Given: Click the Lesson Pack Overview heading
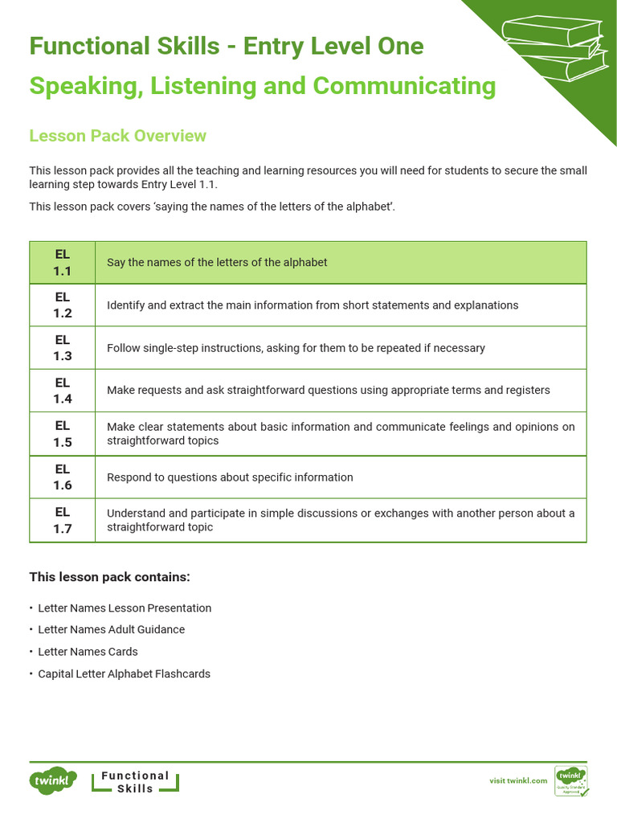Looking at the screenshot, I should coord(117,136).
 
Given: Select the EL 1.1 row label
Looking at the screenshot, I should coord(63,263).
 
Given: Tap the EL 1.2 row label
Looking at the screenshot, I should coord(63,305).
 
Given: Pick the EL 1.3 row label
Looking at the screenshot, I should coord(63,348).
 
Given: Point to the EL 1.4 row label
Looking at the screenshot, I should coord(63,391).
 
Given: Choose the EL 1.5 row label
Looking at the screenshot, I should coord(63,434).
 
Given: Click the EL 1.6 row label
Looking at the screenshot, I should coord(63,477).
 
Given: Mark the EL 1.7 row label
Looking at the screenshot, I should coord(63,520).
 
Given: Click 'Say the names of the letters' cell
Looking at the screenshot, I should coord(217,263).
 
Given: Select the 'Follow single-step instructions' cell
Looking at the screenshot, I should coord(296,348).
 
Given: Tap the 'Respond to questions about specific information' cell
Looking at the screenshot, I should coord(230,477).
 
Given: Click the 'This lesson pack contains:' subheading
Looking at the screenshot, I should coord(110,577).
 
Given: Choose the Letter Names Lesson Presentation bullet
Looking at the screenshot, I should coord(125,608).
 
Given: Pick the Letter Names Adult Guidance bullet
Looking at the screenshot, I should coord(112,630).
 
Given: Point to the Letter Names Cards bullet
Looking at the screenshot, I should coord(88,652).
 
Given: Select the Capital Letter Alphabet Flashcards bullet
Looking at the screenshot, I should coord(125,674).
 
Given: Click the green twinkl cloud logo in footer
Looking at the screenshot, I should coord(53,780).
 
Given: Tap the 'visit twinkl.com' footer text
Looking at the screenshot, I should coord(518,780).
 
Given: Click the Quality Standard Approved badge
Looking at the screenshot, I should coord(571,780).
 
